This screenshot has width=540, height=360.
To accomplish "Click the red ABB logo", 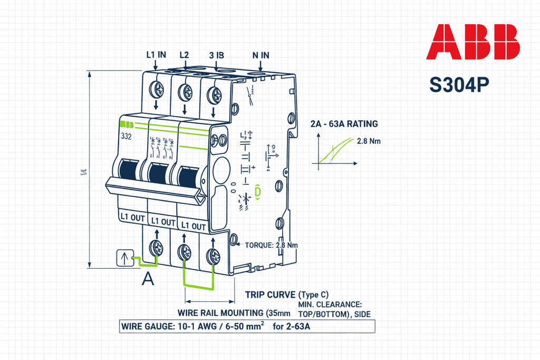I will coord(472,42).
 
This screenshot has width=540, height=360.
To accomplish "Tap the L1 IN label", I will coord(156,54).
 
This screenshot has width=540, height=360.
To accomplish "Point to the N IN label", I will coord(261,55).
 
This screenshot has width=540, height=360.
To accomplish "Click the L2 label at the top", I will coord(184,54).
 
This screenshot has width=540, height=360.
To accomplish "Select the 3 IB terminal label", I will coord(217,55).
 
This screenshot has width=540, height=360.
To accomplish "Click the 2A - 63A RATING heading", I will coord(344,124).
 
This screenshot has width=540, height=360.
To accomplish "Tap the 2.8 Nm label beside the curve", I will coord(369,141).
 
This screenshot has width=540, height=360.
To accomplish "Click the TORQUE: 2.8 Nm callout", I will coord(272,245).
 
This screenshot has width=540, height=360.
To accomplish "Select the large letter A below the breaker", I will coord(149,279).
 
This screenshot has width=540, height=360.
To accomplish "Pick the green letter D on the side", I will coord(257,193).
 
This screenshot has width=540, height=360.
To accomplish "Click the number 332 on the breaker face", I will coord(126,136).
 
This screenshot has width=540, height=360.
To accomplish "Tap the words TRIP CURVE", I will coord(271,294).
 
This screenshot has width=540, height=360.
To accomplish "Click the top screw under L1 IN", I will coord(157,90).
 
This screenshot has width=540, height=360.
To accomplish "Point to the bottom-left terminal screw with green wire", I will coord(157,246).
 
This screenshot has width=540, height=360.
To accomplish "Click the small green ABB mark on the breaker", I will coord(127,125).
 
